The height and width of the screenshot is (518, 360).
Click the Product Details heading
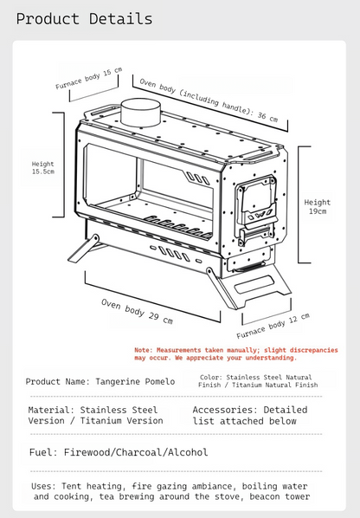coord(84,19)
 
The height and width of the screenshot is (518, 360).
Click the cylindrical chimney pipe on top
coord(141,113)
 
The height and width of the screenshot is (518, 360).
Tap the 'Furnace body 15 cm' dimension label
coord(89,78)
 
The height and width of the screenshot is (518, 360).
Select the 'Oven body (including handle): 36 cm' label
coord(209,100)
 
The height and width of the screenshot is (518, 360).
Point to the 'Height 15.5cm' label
coord(43,167)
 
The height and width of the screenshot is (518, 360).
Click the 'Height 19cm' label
coord(317,206)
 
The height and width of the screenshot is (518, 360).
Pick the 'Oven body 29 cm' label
coord(137,311)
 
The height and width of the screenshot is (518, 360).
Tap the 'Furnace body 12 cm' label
coord(273,326)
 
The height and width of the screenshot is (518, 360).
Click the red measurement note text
coord(236,353)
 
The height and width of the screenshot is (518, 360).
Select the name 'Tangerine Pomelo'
coord(135,381)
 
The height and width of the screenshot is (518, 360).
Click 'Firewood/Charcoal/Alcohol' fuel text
coord(136,452)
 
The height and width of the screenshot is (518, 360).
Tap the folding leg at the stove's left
coord(84,248)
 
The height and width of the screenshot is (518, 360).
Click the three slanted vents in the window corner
coord(197,178)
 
